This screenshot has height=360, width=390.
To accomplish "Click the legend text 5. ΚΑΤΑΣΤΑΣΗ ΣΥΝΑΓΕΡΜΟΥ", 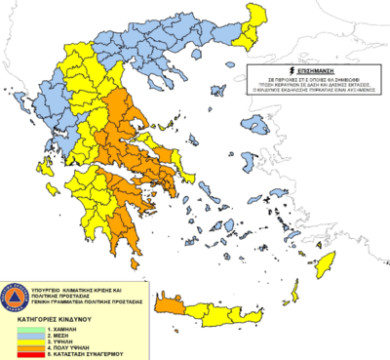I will point(89,353).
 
